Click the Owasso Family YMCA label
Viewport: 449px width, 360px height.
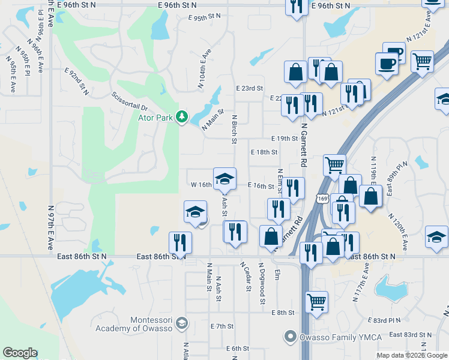point(341,337)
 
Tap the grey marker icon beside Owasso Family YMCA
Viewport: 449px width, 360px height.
point(291,337)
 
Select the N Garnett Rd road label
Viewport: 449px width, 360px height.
point(304,145)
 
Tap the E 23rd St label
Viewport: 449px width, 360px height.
point(249,88)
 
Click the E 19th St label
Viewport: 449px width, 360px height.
point(285,139)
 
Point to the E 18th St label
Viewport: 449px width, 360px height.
point(264,152)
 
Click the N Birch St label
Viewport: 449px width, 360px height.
point(234,129)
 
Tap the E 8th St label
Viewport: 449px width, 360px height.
point(282,313)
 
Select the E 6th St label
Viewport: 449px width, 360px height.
point(238,349)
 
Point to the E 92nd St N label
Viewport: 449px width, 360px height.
point(76,82)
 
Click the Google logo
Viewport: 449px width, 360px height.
point(20,353)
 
